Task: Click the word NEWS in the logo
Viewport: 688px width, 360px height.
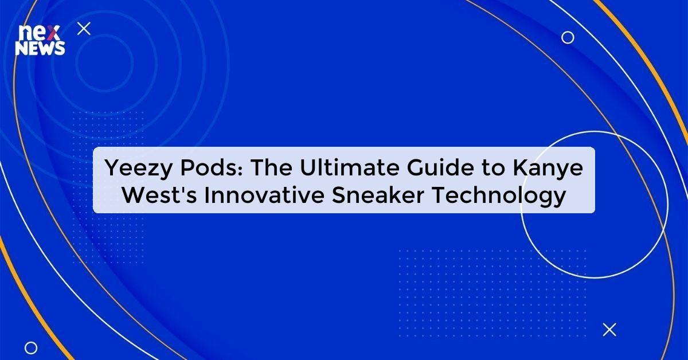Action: point(40,49)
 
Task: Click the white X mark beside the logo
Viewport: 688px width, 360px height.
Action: point(84,29)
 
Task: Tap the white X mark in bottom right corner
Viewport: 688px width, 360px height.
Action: point(609,329)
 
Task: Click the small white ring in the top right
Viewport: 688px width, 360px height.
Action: point(568,38)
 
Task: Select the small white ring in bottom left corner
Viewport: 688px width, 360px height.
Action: point(31,347)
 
